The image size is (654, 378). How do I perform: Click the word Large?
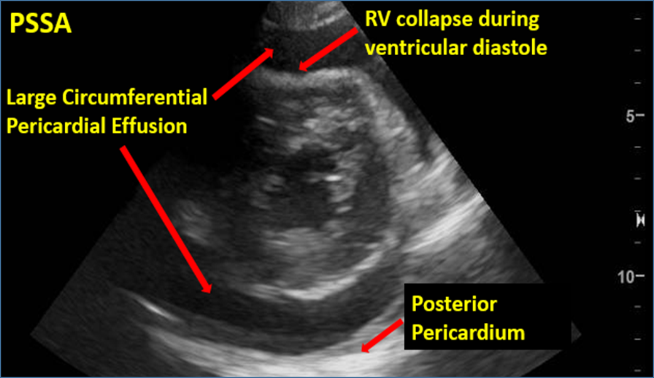28,98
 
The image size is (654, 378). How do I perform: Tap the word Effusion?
151,126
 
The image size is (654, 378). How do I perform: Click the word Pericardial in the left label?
57,126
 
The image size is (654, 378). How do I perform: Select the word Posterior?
454,305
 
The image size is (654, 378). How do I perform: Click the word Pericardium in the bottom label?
468,332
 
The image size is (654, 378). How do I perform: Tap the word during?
508,20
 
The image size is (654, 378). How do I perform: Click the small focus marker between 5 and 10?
640,220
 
